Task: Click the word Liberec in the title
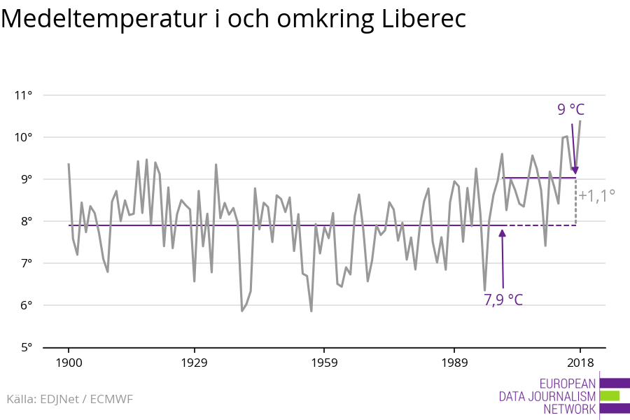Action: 425,20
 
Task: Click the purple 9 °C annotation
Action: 570,109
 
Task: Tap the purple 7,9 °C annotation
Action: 503,300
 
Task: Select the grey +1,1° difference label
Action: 596,195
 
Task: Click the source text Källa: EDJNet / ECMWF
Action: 69,399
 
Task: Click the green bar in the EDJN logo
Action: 610,395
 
